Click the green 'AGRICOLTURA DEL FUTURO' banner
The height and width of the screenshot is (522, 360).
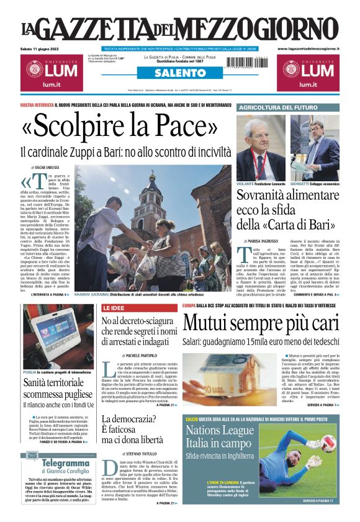pos(287,107)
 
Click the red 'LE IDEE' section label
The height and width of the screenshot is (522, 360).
pos(114,308)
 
